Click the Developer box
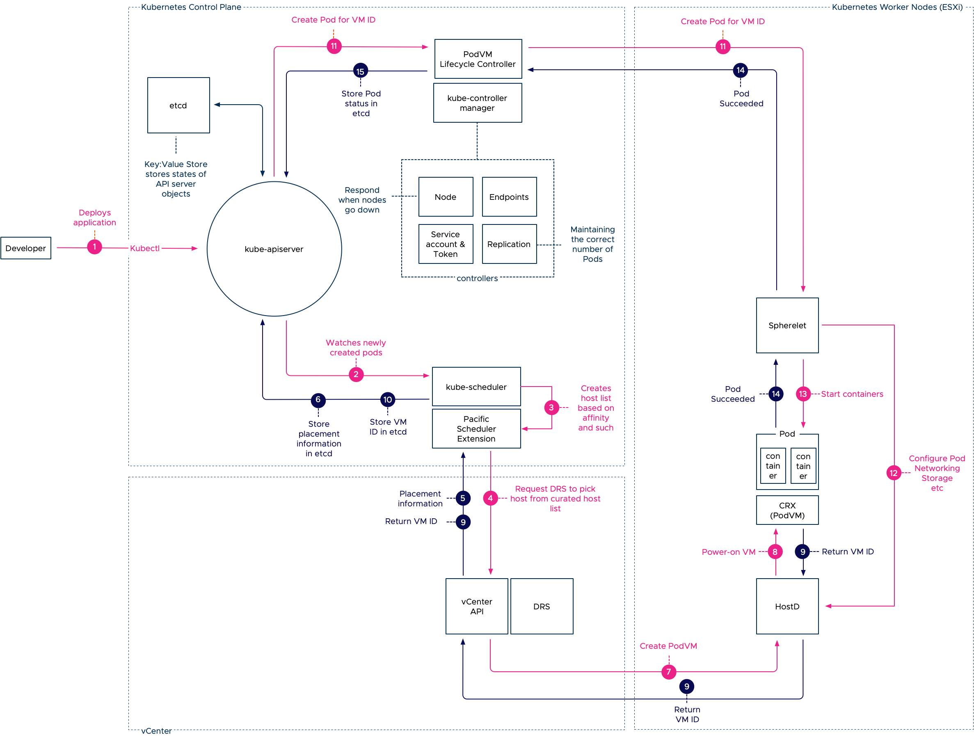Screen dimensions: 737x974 (x=25, y=248)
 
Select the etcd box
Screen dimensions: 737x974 (x=178, y=105)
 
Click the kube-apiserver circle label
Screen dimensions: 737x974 (x=274, y=249)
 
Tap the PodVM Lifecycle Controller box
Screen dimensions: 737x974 (x=478, y=59)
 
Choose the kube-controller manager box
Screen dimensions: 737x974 (x=477, y=103)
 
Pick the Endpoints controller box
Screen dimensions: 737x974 (x=509, y=197)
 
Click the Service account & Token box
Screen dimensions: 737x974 (x=445, y=244)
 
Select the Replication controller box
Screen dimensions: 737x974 (x=509, y=244)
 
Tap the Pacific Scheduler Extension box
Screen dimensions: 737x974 (x=476, y=429)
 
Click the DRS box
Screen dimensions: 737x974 (x=542, y=606)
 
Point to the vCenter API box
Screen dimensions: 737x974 (x=476, y=606)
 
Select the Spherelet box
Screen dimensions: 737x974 (x=787, y=325)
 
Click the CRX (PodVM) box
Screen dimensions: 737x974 (x=787, y=510)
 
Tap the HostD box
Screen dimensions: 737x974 (x=787, y=606)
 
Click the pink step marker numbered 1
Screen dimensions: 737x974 (x=94, y=247)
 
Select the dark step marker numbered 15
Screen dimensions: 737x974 (x=360, y=71)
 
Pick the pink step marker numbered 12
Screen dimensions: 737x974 (x=893, y=473)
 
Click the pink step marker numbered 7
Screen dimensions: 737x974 (x=668, y=671)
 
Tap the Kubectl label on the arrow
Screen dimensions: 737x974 (x=144, y=248)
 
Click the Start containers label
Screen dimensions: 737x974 (x=852, y=394)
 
